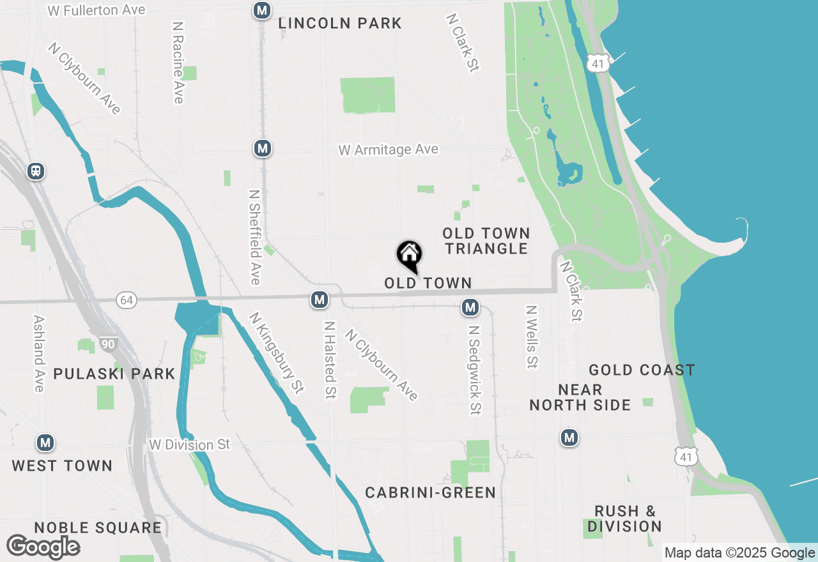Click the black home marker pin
click(x=409, y=255)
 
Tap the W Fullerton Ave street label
click(x=97, y=10)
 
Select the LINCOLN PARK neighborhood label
click(x=340, y=24)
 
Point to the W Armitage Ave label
click(x=389, y=149)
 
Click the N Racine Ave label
click(x=178, y=63)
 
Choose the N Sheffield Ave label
click(x=255, y=236)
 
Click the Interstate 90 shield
click(x=108, y=345)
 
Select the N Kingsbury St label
click(x=276, y=352)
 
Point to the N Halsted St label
click(x=330, y=360)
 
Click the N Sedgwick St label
click(x=474, y=370)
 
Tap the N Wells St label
click(x=531, y=337)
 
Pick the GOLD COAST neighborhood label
click(x=642, y=370)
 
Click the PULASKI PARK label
click(x=114, y=374)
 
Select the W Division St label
click(x=189, y=444)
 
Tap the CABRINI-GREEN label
click(x=431, y=492)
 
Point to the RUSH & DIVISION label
click(x=624, y=519)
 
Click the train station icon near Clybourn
click(x=36, y=171)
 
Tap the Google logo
click(x=43, y=547)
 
